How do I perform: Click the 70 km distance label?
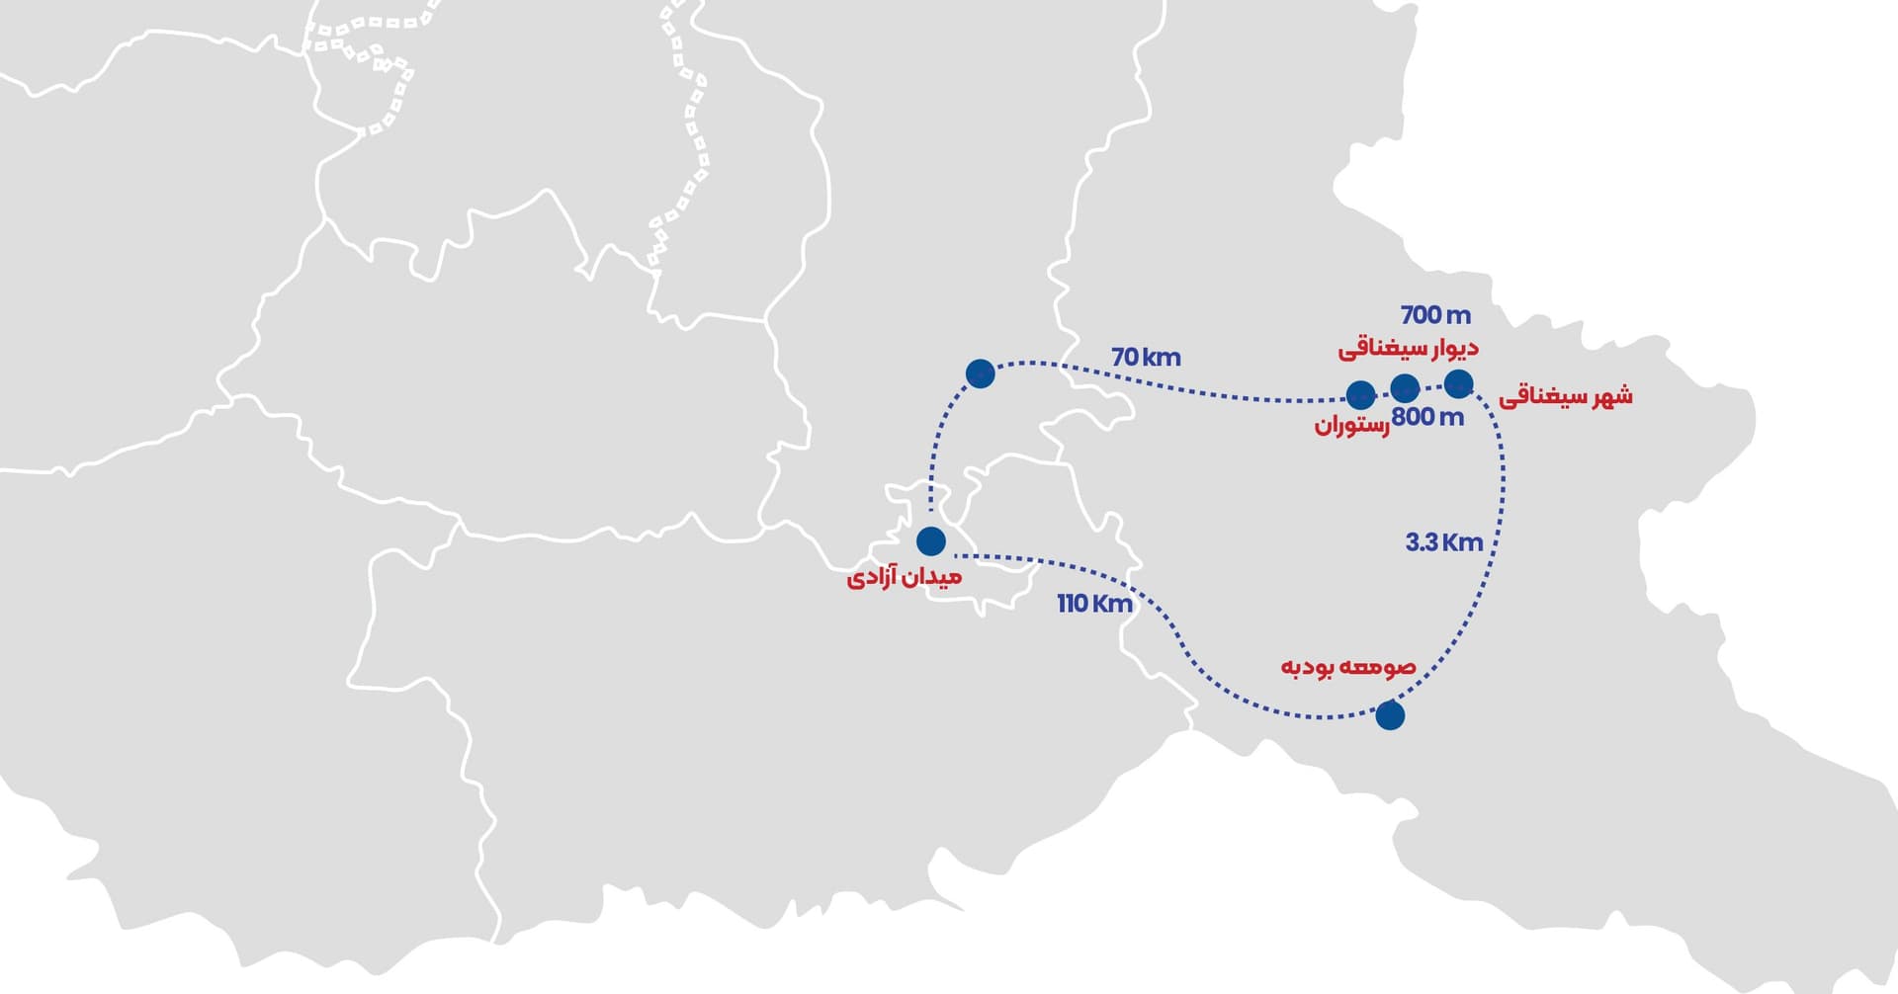tap(1146, 357)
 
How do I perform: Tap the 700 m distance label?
tap(1435, 315)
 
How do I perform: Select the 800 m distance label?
tap(1427, 417)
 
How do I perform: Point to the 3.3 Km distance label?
tap(1444, 542)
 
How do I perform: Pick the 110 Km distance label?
tap(1094, 603)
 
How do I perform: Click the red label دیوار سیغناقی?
tap(1408, 349)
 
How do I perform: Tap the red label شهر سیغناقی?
tap(1566, 397)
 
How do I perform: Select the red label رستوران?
tap(1351, 426)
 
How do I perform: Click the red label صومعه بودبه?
tap(1348, 667)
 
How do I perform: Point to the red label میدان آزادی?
tap(904, 577)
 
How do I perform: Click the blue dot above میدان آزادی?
tap(931, 541)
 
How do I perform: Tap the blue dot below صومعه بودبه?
tap(1390, 715)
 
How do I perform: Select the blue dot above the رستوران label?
tap(1360, 395)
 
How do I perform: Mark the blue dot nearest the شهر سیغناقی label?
tap(1458, 383)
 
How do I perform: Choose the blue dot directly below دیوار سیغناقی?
tap(1405, 387)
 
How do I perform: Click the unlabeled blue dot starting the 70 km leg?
tap(980, 373)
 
